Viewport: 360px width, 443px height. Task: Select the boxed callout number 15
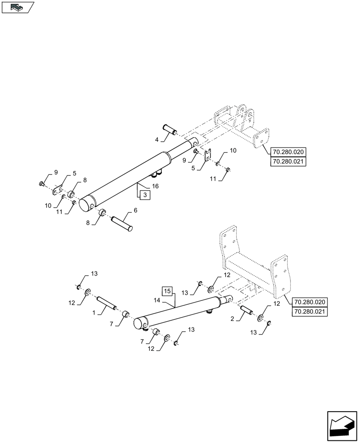[167, 291]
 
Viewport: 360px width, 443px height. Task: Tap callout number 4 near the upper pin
[157, 140]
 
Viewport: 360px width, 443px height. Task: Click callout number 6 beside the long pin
[135, 210]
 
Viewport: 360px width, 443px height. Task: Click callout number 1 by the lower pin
[94, 313]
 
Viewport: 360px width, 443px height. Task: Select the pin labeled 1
[106, 303]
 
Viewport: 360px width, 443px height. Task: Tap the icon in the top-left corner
[18, 7]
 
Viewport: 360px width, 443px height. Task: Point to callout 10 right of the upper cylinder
[233, 151]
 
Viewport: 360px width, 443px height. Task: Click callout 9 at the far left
[56, 171]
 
